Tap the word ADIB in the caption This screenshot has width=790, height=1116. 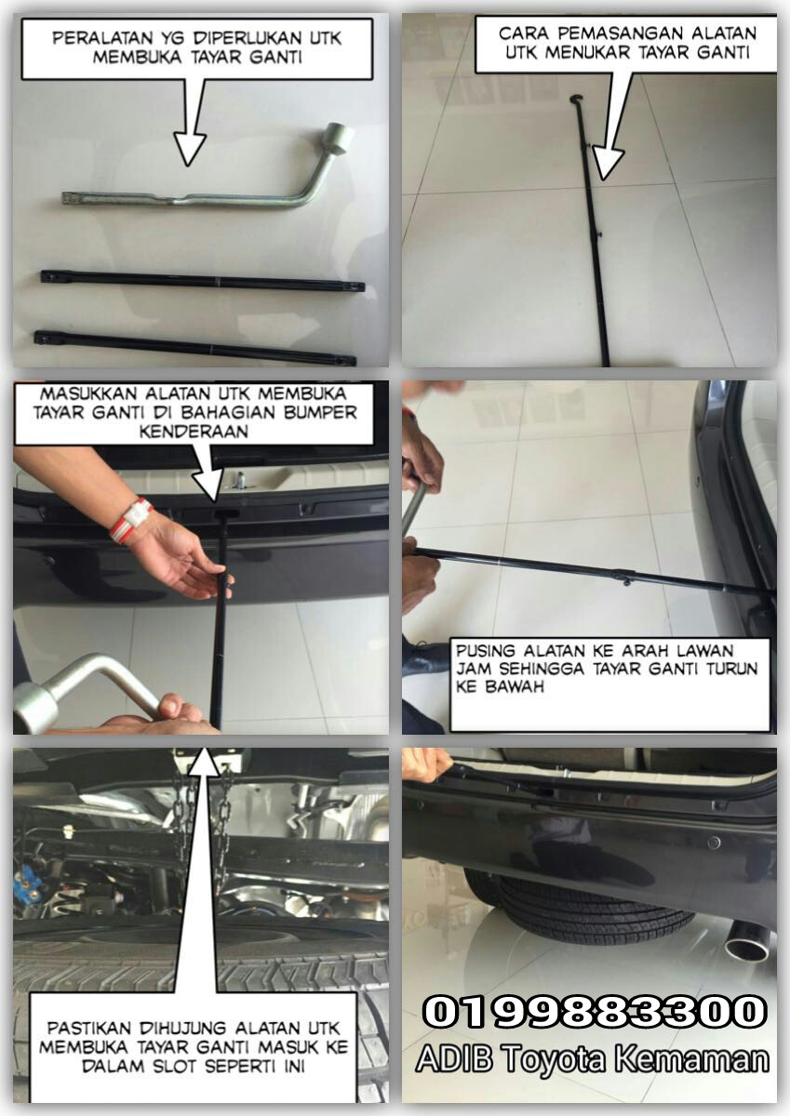(x=454, y=1059)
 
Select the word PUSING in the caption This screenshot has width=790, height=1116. (x=478, y=651)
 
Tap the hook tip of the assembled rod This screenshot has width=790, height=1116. (x=577, y=97)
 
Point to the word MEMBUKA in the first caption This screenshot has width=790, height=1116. (x=138, y=58)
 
